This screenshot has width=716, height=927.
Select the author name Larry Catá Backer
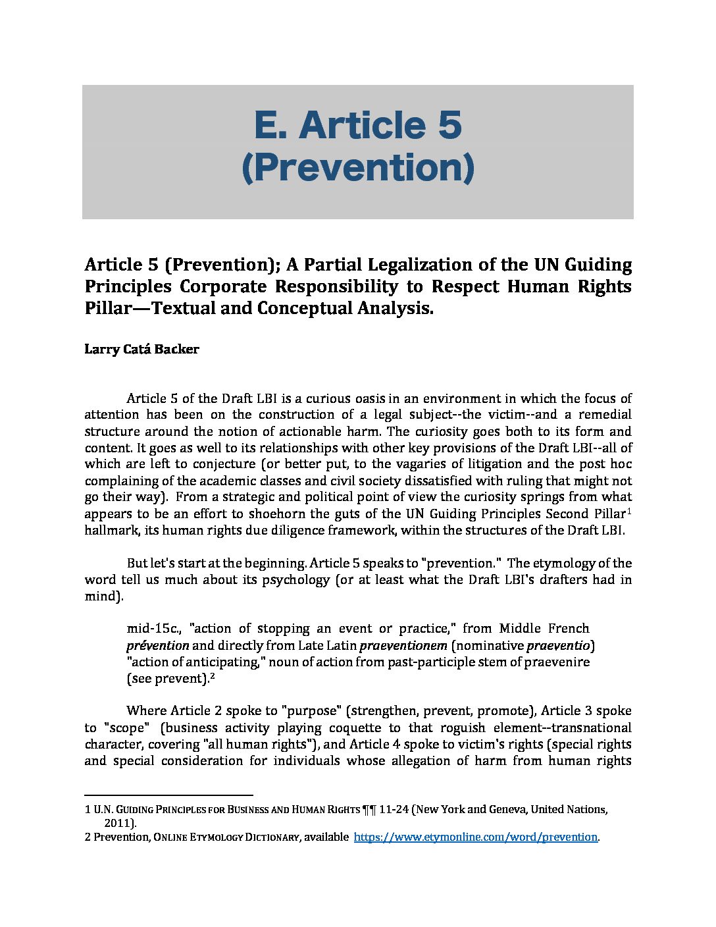click(x=141, y=349)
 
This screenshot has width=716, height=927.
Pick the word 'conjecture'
click(x=223, y=463)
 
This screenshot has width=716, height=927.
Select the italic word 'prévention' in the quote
click(x=158, y=645)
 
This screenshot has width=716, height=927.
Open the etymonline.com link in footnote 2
click(x=475, y=837)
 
